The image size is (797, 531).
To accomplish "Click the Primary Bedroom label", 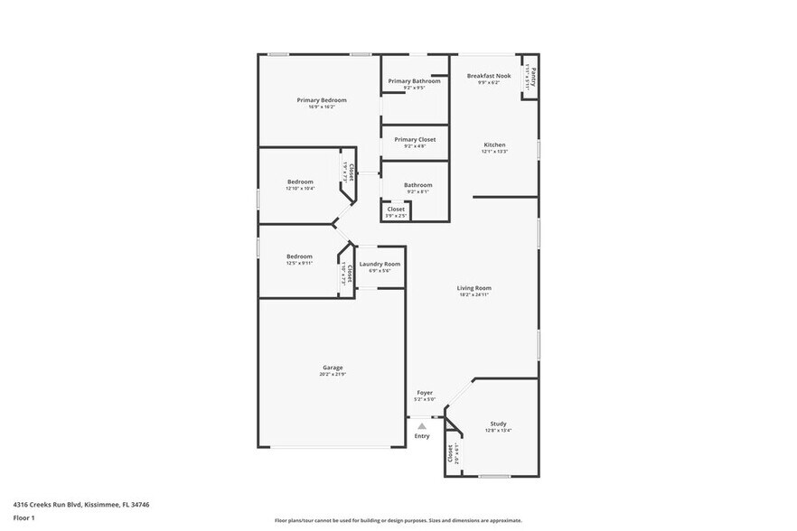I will tap(322, 99).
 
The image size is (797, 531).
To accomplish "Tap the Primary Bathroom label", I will tap(415, 81).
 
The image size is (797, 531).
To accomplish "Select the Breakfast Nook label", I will tap(489, 76).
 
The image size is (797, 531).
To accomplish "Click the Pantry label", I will tap(534, 77).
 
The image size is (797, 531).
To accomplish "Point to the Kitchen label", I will tap(494, 144).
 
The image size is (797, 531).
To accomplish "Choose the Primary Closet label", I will tap(415, 139).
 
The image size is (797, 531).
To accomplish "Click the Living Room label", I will tap(474, 288).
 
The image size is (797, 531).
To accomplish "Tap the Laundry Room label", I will tap(380, 264).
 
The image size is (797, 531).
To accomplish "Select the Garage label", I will tap(333, 368).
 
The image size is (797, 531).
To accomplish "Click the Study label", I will tap(498, 424).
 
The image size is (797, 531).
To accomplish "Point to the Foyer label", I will tap(424, 393).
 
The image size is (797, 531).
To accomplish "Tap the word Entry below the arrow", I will tap(422, 437).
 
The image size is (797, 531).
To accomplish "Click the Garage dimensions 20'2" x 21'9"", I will tap(333, 374).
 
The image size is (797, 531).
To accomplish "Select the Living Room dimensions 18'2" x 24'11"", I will tap(474, 294).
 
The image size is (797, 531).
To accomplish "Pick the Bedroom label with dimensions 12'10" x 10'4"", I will tap(300, 182).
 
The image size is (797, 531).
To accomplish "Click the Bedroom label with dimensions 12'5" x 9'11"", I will tap(299, 256).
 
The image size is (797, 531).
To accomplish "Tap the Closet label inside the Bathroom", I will tap(396, 209).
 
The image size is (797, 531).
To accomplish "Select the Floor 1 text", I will tap(23, 518).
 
